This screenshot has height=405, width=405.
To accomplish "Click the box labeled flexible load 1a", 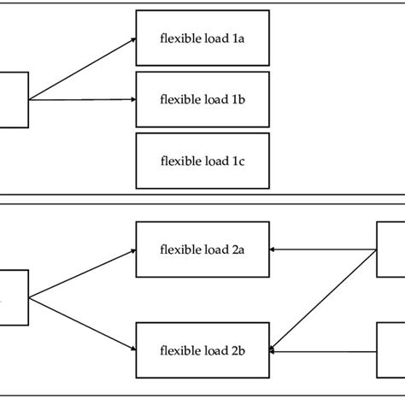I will [202, 38].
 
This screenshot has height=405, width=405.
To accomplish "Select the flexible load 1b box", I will [202, 99].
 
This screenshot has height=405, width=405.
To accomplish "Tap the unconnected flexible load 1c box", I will [202, 160].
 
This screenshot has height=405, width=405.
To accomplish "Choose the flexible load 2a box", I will [202, 250].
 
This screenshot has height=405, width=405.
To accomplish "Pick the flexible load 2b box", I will [202, 350].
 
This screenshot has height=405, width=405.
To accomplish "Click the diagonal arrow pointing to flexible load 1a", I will [82, 69].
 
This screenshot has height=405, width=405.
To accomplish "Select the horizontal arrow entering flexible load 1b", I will [82, 99].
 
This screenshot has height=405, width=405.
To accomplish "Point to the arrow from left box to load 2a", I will [82, 274].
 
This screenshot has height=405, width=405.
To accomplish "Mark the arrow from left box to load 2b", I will [82, 323].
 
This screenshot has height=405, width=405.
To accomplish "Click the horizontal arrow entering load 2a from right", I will [323, 250].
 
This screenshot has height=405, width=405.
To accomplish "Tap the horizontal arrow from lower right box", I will [323, 350].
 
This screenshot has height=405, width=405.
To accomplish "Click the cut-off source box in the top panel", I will [14, 99].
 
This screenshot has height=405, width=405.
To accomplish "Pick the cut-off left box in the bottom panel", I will [14, 297].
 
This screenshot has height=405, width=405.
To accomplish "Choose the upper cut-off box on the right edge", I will [390, 250].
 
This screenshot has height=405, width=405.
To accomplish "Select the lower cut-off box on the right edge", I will [390, 350].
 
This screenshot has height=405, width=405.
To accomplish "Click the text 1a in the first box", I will [237, 38].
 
